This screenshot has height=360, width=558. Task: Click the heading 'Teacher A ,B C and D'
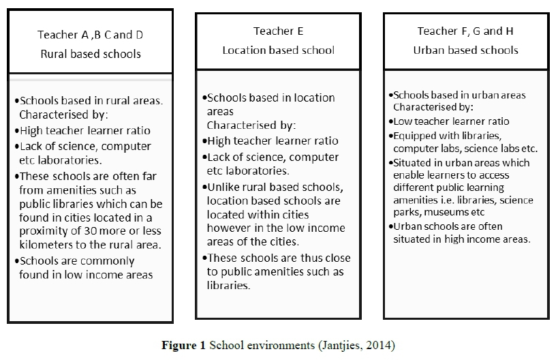90,35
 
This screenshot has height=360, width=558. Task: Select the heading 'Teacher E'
278,31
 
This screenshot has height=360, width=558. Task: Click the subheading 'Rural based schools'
90,54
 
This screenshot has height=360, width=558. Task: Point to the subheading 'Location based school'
278,50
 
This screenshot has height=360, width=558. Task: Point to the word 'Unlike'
223,188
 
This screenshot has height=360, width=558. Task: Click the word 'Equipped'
414,135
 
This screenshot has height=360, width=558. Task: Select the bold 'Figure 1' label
183,346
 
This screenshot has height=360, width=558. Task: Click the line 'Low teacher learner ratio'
451,121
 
